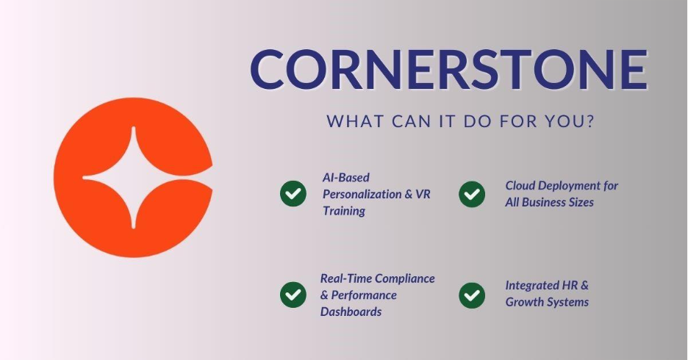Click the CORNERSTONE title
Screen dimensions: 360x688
[x=448, y=71]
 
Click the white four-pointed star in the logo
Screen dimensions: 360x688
[x=133, y=178]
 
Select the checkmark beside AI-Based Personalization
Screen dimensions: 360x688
[x=293, y=194]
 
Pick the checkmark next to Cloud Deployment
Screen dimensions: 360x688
[x=472, y=194]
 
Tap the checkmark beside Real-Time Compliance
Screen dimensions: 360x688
[x=293, y=295]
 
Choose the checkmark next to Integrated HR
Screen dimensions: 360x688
[x=472, y=295]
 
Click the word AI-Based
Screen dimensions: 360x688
[x=346, y=178]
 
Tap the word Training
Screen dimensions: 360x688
[x=344, y=211]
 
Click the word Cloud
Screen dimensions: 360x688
[x=521, y=186]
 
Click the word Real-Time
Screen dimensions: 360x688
[x=348, y=278]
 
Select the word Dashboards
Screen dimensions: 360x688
[x=351, y=312]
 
